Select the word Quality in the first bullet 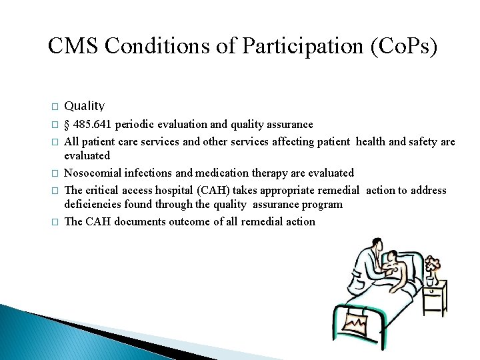(85, 105)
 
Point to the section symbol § (67, 125)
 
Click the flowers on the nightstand (433, 264)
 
